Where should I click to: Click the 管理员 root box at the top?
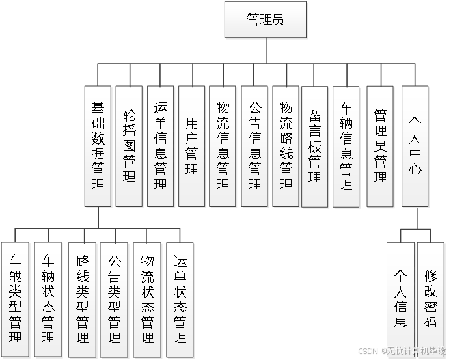(x=265, y=20)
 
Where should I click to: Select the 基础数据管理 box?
(x=98, y=146)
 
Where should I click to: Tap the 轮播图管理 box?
(x=129, y=146)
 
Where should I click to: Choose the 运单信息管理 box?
(x=160, y=146)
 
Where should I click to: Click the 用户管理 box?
(x=191, y=146)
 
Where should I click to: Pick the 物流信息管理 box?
(x=223, y=146)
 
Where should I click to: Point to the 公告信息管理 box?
(x=254, y=146)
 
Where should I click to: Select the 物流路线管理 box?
(x=286, y=146)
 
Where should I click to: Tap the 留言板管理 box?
(x=315, y=146)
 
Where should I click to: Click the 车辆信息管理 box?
(x=346, y=146)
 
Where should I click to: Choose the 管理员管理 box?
(x=380, y=146)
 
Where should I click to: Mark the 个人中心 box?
(x=415, y=146)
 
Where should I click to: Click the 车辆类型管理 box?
(x=16, y=299)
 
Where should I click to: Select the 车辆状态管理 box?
(x=48, y=299)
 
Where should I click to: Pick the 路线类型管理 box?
(x=82, y=299)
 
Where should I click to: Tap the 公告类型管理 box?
(x=114, y=299)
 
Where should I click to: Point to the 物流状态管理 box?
(x=148, y=299)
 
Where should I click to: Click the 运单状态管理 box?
(x=180, y=299)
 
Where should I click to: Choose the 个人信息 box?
(x=400, y=299)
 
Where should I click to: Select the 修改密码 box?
(x=431, y=299)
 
